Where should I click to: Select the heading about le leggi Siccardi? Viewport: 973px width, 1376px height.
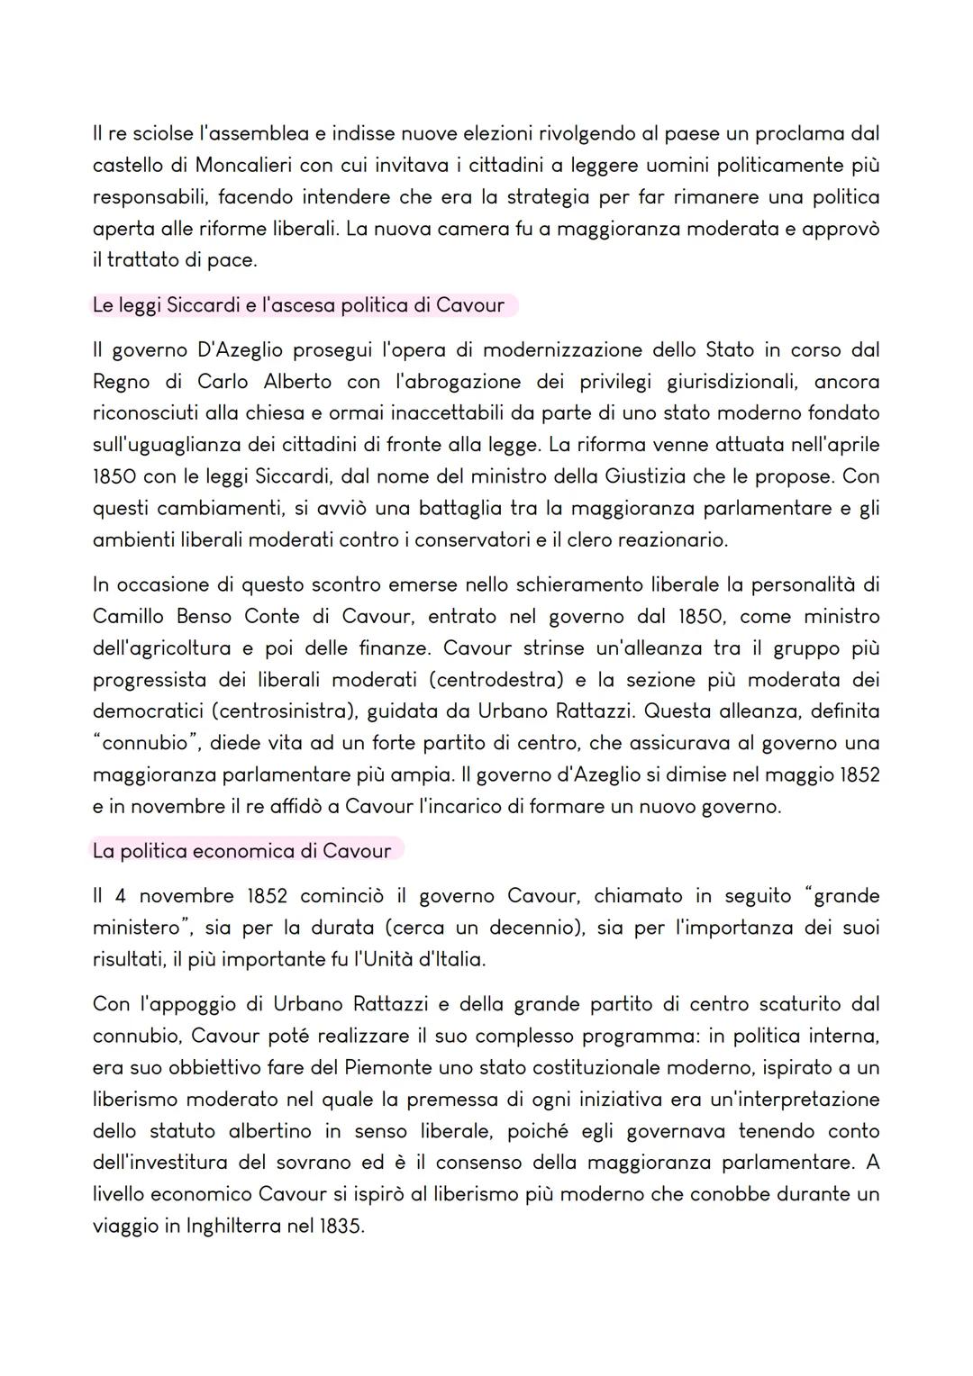click(x=298, y=305)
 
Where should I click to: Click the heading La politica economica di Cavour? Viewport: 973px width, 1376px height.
click(x=241, y=851)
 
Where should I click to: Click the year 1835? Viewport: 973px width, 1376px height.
click(x=340, y=1226)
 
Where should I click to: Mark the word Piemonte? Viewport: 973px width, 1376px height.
click(x=390, y=1067)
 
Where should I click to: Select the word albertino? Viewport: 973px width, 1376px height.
click(x=269, y=1130)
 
